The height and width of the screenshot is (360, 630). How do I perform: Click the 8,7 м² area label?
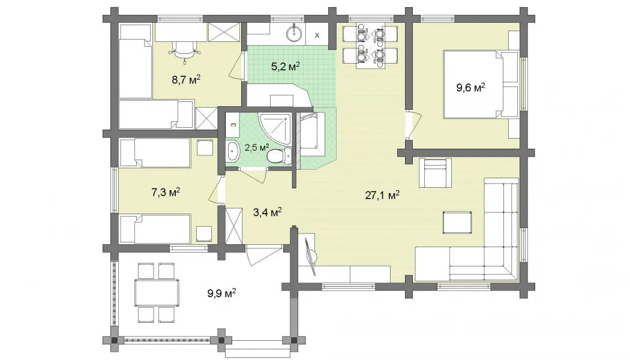click(186, 79)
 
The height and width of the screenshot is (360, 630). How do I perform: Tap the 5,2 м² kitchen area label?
click(285, 66)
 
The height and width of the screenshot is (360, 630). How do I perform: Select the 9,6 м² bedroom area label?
click(470, 87)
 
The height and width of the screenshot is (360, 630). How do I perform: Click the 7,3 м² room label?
click(165, 192)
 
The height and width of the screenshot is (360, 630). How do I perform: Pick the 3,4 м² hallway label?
click(267, 212)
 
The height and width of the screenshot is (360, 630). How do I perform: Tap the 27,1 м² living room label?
click(382, 195)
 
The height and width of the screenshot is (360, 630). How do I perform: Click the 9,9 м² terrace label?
click(221, 293)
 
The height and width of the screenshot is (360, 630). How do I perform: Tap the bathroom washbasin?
click(233, 151)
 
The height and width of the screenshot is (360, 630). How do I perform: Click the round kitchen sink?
click(295, 32)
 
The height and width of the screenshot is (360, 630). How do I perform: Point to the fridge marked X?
click(317, 34)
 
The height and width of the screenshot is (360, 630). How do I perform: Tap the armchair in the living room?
click(435, 173)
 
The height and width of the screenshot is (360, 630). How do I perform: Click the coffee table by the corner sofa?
click(457, 223)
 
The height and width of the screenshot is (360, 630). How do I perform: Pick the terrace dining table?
click(157, 293)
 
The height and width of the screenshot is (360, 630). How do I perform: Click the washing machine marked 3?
click(233, 125)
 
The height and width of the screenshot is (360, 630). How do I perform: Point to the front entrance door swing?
click(263, 254)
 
